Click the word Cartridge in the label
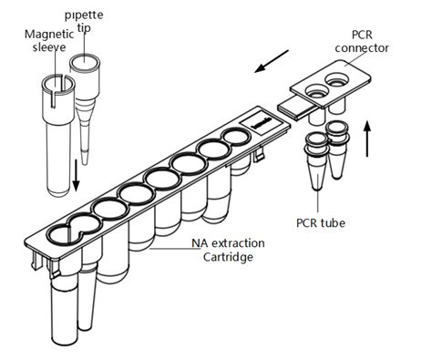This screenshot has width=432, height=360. point(228,257)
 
